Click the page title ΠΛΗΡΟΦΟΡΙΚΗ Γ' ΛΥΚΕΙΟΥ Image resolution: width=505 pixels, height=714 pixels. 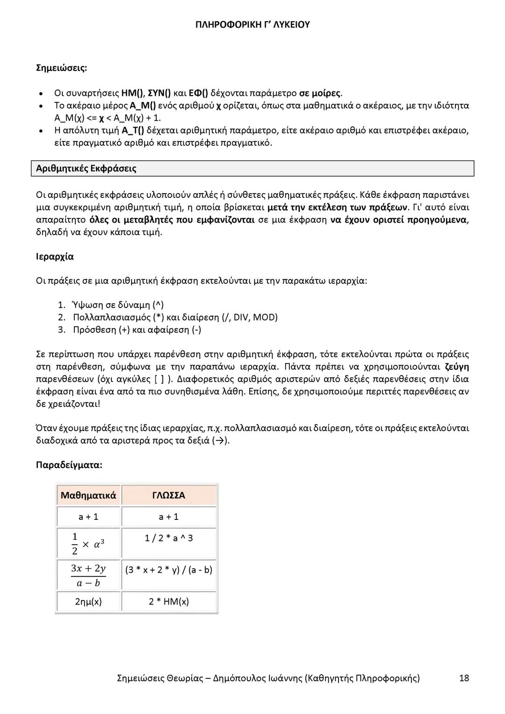tap(252, 25)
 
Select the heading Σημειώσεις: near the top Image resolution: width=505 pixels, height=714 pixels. tap(61, 68)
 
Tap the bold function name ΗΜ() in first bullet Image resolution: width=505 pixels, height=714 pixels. tap(132, 93)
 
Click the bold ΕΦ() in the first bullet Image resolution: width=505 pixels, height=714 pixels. tap(198, 93)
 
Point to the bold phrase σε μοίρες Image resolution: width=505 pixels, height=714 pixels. tap(320, 93)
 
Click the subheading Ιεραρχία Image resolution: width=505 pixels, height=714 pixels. tap(55, 257)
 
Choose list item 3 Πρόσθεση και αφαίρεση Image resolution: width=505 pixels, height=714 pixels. tap(137, 330)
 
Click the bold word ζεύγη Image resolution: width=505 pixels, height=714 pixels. tap(456, 367)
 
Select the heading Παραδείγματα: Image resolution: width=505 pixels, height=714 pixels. tap(69, 465)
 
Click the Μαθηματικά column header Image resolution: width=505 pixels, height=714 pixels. tap(88, 495)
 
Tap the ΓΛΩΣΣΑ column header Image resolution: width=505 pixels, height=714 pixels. tap(168, 495)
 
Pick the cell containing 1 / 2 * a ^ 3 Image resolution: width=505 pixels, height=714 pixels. tap(168, 538)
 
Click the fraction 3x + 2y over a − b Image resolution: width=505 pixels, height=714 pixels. tap(88, 575)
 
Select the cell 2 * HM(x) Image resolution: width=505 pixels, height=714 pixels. tap(168, 601)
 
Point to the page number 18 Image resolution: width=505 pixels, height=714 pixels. tap(464, 678)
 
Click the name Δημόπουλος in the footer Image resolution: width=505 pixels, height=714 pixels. tap(239, 678)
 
